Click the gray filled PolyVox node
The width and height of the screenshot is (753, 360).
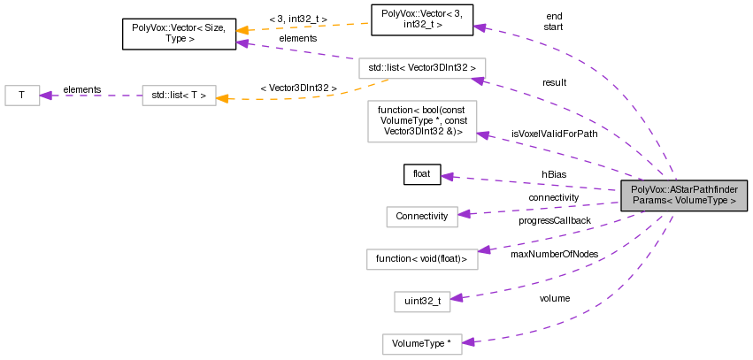[684, 195]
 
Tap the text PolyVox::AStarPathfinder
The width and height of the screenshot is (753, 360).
[684, 189]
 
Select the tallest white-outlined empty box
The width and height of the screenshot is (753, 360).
[422, 121]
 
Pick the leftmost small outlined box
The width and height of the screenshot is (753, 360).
[22, 96]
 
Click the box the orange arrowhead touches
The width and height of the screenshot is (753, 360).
[179, 96]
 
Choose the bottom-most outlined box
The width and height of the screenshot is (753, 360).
[422, 344]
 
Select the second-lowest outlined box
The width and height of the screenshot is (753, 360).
[422, 302]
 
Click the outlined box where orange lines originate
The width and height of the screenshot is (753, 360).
[422, 68]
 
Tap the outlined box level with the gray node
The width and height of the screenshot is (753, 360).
[422, 217]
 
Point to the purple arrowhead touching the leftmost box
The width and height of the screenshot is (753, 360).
[46, 96]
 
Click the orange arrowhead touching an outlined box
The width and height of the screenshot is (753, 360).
[222, 98]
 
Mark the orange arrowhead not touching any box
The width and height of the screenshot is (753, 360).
[242, 30]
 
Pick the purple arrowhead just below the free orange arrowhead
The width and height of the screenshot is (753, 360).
[242, 42]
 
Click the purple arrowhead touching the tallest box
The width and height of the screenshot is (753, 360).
[483, 134]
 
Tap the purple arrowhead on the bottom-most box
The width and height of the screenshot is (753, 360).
[468, 342]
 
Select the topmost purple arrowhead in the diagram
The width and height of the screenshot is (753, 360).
[479, 27]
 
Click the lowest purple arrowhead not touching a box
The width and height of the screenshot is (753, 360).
[448, 177]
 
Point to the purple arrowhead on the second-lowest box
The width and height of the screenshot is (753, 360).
[457, 298]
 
